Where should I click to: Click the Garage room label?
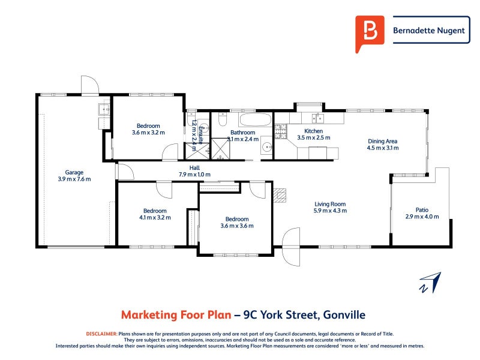point(70,172)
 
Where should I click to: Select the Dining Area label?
point(382,142)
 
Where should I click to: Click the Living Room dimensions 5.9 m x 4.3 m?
point(330,211)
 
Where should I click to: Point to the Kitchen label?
point(313,131)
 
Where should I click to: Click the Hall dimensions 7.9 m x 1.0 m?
point(194,175)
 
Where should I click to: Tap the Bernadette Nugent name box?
point(429,30)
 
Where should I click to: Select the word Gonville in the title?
point(344,314)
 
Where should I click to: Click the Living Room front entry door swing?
point(290,247)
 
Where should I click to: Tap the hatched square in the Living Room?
point(280,194)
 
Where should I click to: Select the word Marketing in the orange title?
point(149,314)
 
